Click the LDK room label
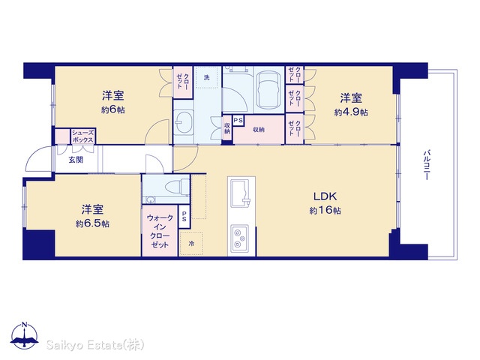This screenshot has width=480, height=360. coord(325,196)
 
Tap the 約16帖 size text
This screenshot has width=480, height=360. coord(325,210)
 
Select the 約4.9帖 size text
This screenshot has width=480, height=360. coord(351,112)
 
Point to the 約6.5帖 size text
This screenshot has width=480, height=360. coord(92,223)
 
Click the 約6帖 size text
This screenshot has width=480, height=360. coord(113,109)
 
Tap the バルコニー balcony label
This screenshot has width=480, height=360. coord(427,165)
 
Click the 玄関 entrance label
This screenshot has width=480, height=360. coord(76,160)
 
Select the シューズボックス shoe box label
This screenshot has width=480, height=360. coord(83,136)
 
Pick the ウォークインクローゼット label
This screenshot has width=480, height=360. coord(160,231)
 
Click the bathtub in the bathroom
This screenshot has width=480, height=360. coord(269,89)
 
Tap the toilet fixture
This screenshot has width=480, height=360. coord(177,186)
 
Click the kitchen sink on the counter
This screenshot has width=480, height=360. coord(241,193)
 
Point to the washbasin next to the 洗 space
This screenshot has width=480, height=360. coord(184,121)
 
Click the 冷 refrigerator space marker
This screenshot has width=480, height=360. coord(191,244)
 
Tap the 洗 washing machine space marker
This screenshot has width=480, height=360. coord(207,77)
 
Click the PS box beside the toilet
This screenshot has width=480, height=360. coord(184,217)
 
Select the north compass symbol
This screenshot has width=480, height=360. coord(25,335)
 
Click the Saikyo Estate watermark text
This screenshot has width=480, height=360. coord(95,345)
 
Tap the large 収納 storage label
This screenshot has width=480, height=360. coord(259,130)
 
